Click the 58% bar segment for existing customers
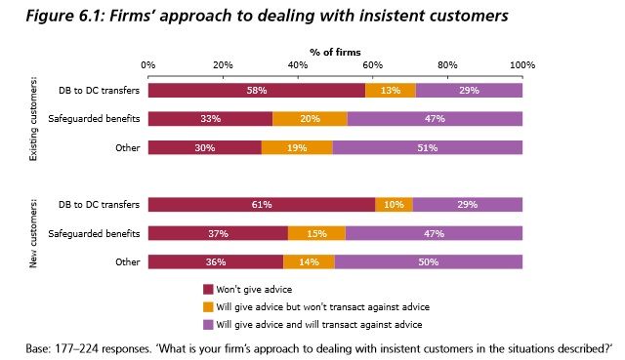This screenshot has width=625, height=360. point(257,91)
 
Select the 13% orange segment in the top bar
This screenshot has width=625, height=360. point(391,91)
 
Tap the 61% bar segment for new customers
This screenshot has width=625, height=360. point(262,205)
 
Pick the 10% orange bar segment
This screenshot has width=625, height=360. point(395,205)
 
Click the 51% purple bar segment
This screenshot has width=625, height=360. point(428,147)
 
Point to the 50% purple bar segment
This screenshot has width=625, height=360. point(429,261)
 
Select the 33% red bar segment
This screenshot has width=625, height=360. point(210,119)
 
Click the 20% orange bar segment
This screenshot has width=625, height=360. point(310,119)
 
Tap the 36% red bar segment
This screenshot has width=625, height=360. point(216,261)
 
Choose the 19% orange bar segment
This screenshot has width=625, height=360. point(298,147)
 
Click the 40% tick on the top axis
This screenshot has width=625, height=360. point(297,65)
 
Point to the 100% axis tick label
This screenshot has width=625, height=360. point(522,65)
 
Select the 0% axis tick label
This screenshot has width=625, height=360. point(148,65)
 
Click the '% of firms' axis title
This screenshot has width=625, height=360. point(335,50)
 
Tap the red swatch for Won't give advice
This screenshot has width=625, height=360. point(208,289)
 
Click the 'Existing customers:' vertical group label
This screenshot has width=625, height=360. point(35,119)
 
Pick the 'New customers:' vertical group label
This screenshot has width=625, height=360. point(35,233)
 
